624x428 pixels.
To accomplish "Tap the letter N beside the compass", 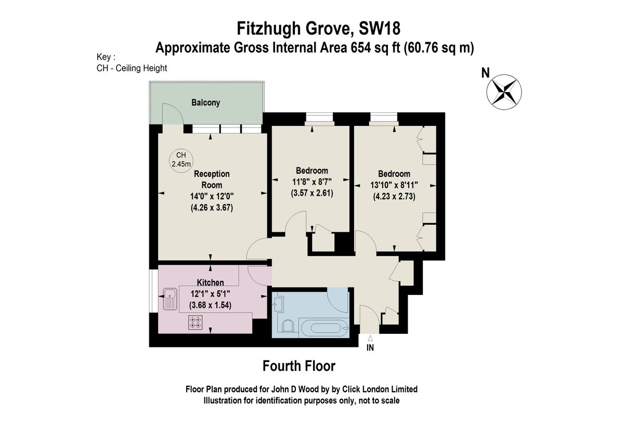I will [x=485, y=73].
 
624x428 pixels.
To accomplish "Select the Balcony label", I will [x=205, y=102].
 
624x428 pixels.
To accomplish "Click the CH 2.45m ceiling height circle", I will [x=181, y=160].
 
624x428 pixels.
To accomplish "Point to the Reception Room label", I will [x=212, y=179].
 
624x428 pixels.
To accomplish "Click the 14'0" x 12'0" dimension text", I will [x=212, y=197].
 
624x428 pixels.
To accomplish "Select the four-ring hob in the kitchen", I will [x=196, y=323].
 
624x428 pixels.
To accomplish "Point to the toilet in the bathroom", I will [x=287, y=326].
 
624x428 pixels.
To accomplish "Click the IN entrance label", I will [x=370, y=348].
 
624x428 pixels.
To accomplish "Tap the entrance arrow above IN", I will [x=370, y=338].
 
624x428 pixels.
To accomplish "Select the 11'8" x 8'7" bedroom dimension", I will [x=311, y=181].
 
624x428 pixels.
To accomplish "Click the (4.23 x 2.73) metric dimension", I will [x=394, y=197].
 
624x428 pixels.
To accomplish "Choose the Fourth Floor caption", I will [x=299, y=366].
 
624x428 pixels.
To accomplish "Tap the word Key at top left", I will [x=105, y=57].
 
